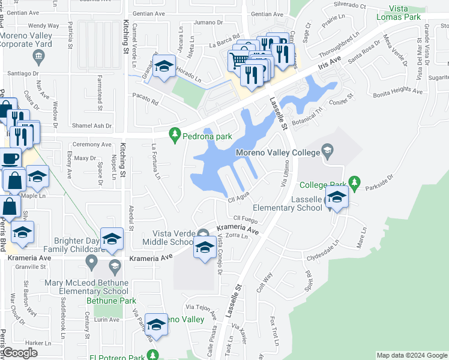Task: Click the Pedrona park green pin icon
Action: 175,136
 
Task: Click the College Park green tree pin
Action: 355,183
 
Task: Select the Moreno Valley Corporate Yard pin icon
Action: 39,57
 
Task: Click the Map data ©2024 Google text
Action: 411,355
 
